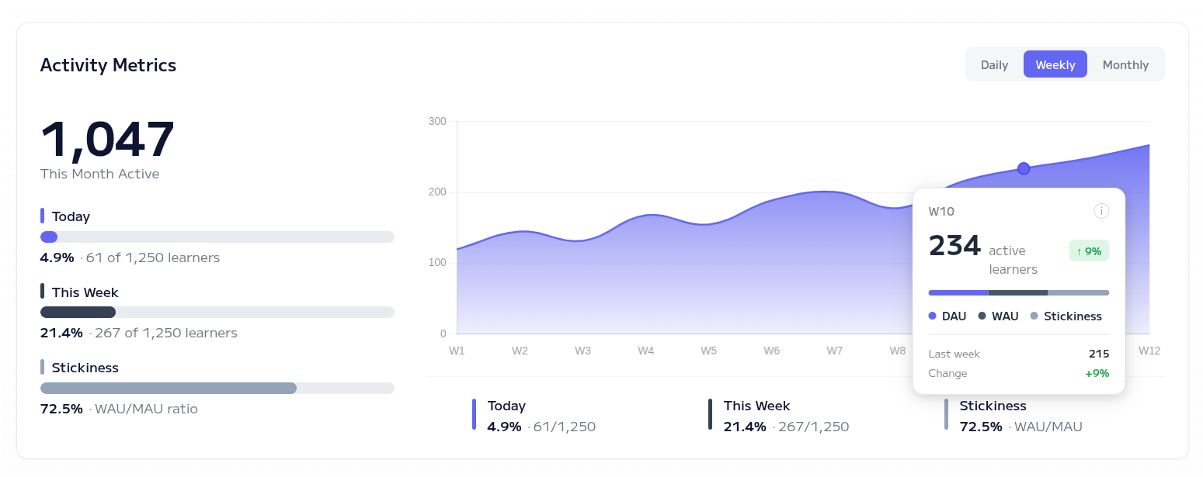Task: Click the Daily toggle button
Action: [x=994, y=64]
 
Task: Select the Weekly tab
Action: [x=1055, y=64]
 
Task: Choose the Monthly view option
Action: [x=1125, y=64]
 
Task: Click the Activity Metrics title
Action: [x=108, y=65]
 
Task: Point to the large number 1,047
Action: [x=107, y=140]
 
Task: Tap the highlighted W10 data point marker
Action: [x=1024, y=168]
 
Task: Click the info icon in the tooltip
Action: [x=1101, y=211]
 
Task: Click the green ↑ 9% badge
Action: [x=1089, y=251]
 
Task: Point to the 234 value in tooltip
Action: [x=955, y=246]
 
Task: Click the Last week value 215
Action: [x=1098, y=354]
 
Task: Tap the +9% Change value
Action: [x=1097, y=373]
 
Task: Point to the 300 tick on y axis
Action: [x=437, y=121]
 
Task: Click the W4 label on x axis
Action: [x=645, y=351]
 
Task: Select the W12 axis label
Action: [x=1149, y=351]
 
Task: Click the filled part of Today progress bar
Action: [x=49, y=237]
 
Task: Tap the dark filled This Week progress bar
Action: [x=78, y=312]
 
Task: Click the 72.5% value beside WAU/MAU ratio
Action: [x=61, y=409]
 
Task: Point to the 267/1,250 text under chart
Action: [x=813, y=427]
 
